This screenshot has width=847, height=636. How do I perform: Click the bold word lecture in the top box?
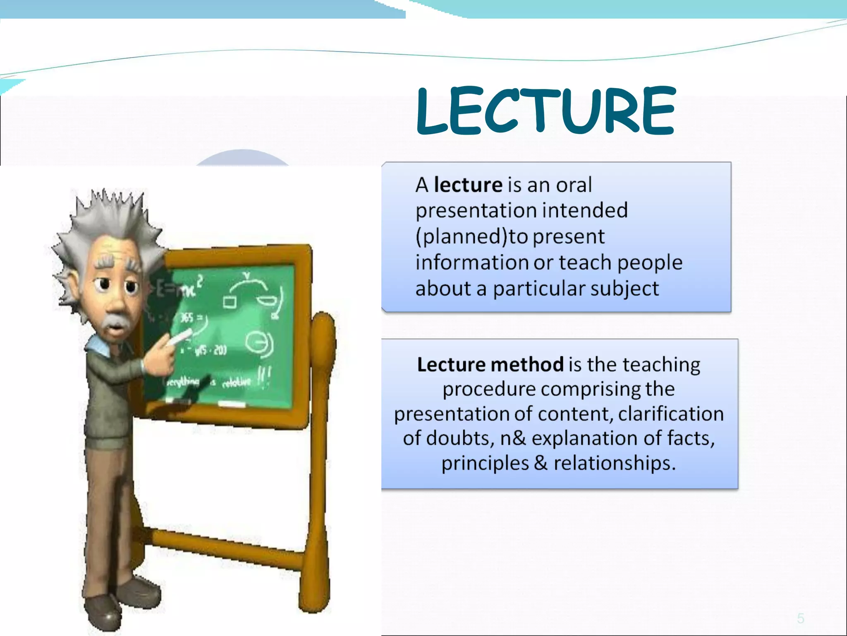(468, 185)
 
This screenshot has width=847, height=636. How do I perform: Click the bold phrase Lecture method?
(490, 365)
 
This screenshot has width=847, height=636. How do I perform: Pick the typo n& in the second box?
(513, 438)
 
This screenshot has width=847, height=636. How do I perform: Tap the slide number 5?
(801, 619)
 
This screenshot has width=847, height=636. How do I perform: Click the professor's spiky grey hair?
(108, 219)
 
